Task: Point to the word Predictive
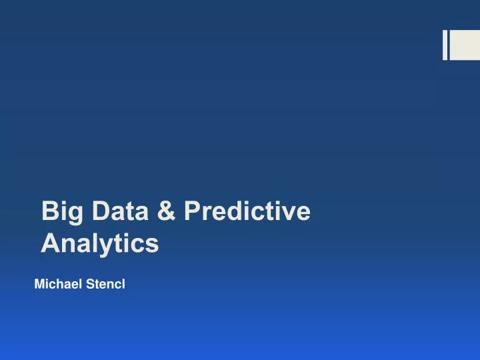coord(247,211)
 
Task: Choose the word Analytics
coord(100,243)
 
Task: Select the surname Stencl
coord(103,285)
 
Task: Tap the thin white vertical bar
coord(445,45)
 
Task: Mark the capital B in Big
coord(49,211)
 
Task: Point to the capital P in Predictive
coord(192,211)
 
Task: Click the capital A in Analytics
coord(49,243)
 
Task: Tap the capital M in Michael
coord(39,285)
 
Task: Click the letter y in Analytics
coord(107,246)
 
